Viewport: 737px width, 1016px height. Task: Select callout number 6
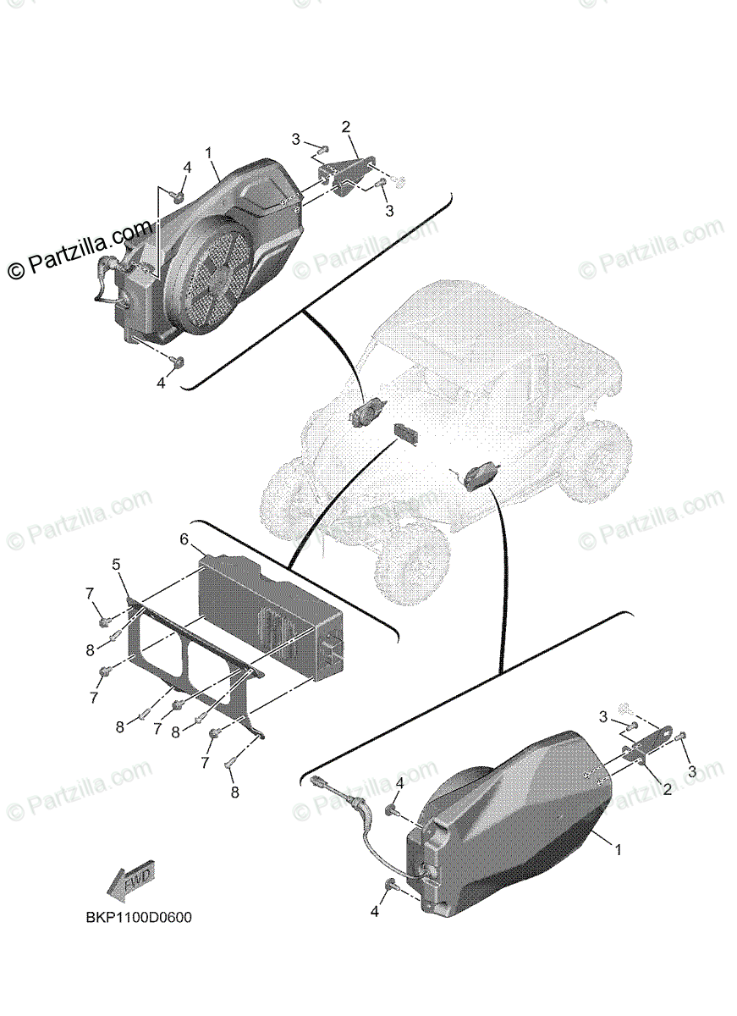point(184,539)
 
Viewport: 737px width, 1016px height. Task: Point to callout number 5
point(117,565)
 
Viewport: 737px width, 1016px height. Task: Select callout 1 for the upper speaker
point(208,153)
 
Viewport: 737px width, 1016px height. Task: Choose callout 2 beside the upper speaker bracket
point(346,127)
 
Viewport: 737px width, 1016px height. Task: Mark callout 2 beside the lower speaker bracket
point(667,789)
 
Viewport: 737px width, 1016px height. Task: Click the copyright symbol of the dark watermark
point(16,271)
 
